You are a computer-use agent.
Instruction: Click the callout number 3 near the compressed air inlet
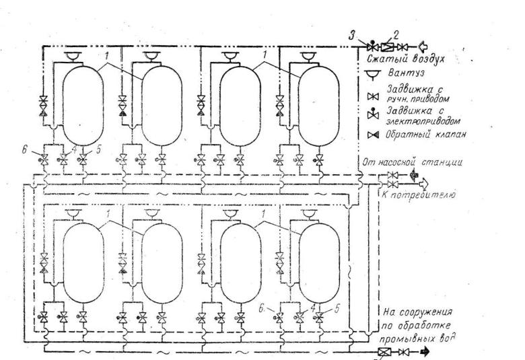point(351,35)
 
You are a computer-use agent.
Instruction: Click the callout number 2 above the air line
point(396,35)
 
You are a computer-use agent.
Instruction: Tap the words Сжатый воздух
point(405,59)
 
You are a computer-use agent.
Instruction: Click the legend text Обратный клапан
point(426,135)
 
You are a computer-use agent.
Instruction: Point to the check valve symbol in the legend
point(373,135)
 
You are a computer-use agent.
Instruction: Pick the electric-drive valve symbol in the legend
point(373,114)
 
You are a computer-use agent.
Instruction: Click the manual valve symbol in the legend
point(373,97)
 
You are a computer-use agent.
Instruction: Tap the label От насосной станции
point(412,162)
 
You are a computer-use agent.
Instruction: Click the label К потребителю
point(418,194)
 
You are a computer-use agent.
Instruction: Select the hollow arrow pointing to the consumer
point(423,184)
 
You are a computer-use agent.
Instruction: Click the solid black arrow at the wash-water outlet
point(424,352)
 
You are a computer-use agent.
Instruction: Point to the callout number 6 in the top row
point(24,149)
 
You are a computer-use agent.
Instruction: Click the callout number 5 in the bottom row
point(337,308)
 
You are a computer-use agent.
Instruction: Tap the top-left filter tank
point(83,106)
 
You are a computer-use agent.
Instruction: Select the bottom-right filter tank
point(319,263)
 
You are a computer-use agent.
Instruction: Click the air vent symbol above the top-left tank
point(73,57)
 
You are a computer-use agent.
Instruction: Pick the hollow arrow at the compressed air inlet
point(423,46)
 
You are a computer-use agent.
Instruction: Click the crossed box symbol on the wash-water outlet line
point(384,352)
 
